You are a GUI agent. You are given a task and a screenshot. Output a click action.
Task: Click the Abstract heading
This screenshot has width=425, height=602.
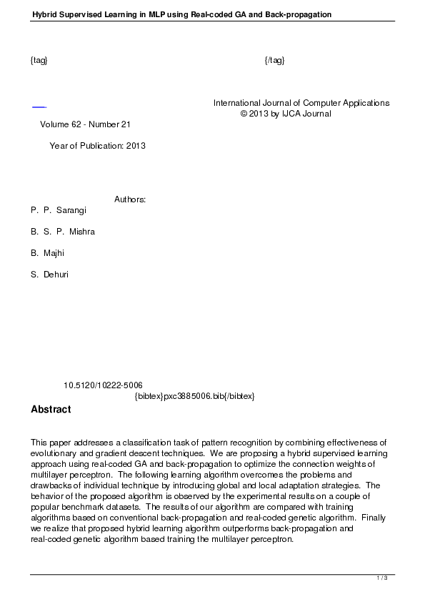(x=51, y=410)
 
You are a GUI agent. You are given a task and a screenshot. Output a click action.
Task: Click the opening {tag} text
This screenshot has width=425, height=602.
(x=39, y=60)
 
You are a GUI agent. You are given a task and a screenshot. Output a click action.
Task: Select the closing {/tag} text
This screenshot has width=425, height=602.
(x=274, y=60)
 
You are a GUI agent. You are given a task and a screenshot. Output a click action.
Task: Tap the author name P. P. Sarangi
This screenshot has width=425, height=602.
(x=59, y=211)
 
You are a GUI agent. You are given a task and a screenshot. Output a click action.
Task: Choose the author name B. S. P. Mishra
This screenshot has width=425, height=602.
(x=63, y=232)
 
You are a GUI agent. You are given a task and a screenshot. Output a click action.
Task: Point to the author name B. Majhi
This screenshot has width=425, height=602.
(x=49, y=253)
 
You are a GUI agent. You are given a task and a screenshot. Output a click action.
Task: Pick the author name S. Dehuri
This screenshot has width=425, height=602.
(x=50, y=275)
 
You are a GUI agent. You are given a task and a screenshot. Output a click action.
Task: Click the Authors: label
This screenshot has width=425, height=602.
(x=130, y=199)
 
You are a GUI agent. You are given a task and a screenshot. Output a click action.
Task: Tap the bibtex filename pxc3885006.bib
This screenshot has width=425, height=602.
(x=194, y=396)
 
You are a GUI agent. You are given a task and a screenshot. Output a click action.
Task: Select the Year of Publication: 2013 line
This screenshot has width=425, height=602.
(x=97, y=146)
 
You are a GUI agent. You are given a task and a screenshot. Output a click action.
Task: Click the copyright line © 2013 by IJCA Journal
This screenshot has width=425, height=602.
(x=286, y=114)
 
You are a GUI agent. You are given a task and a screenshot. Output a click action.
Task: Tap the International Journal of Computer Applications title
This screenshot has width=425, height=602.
(x=301, y=103)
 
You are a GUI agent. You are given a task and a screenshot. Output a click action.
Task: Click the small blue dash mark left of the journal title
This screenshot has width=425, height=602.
(x=39, y=107)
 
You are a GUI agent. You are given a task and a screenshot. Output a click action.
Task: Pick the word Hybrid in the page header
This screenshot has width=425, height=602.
(x=44, y=14)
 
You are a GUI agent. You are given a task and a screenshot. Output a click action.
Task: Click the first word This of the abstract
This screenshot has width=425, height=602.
(x=39, y=443)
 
